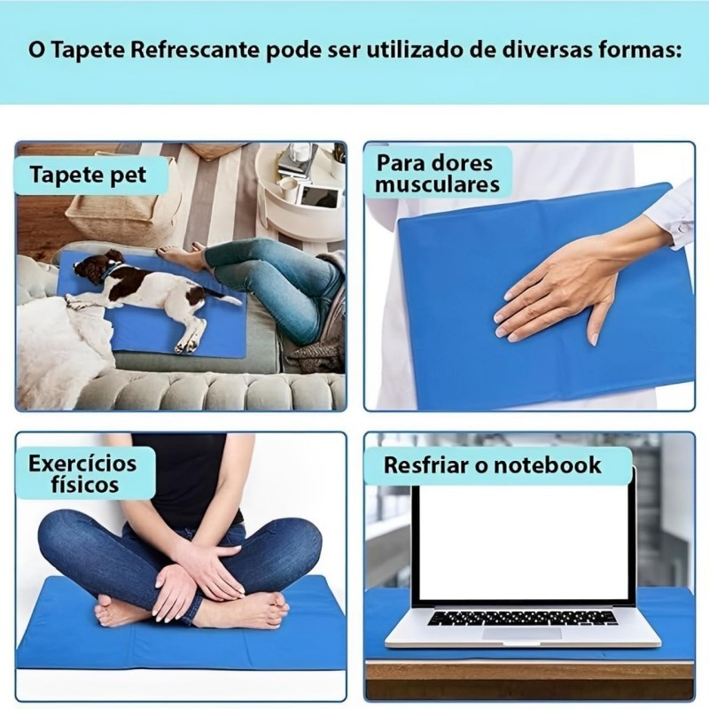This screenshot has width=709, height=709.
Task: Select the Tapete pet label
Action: (88, 175)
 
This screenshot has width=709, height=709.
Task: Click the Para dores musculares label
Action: (437, 174)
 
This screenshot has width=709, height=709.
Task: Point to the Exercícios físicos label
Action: (83, 473)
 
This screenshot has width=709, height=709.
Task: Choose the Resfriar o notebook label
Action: (493, 465)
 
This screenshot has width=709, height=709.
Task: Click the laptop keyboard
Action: (523, 618)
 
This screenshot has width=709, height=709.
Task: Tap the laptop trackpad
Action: (523, 633)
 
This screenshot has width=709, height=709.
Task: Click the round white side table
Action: (300, 194)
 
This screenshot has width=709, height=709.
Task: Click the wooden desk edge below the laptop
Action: (529, 677)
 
